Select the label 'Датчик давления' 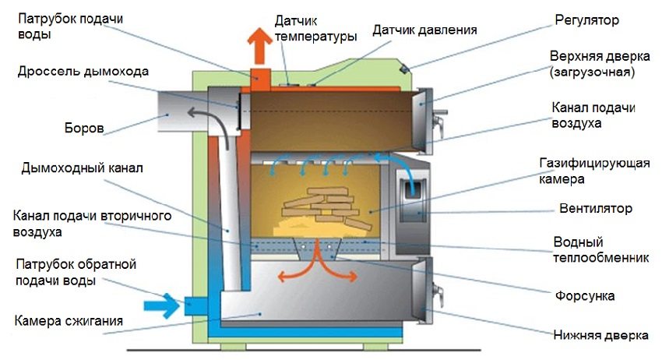click(424, 30)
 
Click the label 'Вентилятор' click(595, 209)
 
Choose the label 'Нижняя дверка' click(600, 336)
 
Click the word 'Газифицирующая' click(596, 162)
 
